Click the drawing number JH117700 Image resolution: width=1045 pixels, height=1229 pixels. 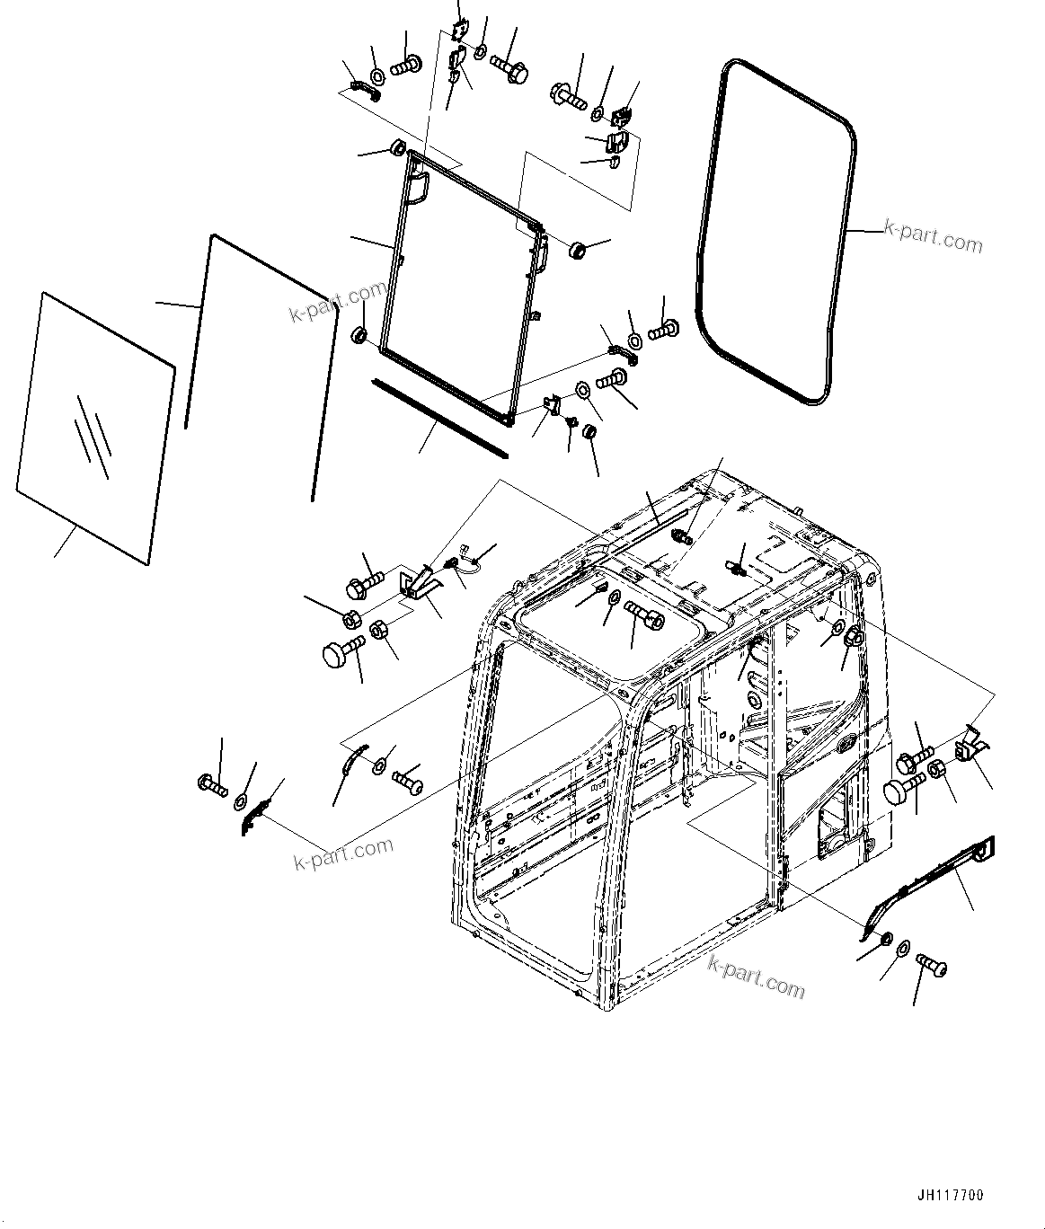click(x=951, y=1195)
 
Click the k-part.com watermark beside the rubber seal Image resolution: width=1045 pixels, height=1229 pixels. click(x=933, y=240)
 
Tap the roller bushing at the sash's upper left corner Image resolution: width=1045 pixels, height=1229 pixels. click(x=396, y=147)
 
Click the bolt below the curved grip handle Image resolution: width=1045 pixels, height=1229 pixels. click(x=932, y=968)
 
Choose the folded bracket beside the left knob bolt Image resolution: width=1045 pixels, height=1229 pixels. click(x=418, y=582)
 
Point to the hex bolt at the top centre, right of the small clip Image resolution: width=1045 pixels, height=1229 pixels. click(x=509, y=67)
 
